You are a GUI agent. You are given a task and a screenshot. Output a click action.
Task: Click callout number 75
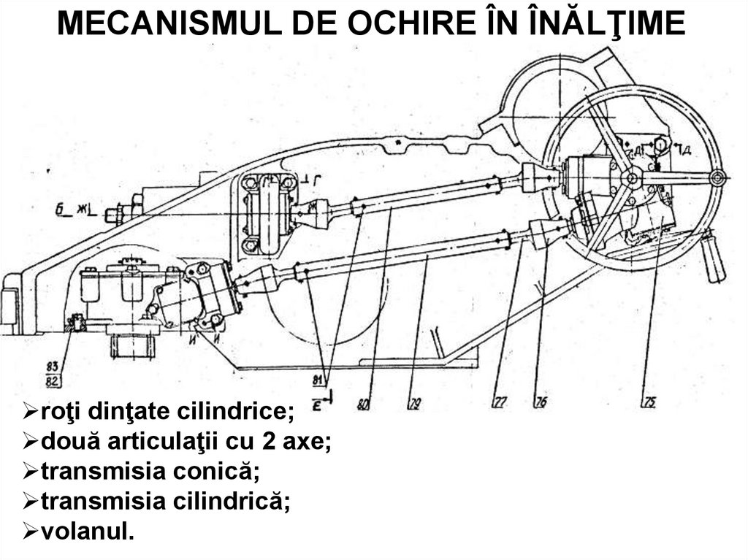tap(650, 401)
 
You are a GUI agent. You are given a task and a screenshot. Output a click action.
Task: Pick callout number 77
tap(500, 401)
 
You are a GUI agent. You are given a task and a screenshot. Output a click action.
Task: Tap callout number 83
tap(52, 365)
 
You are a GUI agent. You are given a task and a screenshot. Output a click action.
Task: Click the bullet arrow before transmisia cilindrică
tap(30, 501)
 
